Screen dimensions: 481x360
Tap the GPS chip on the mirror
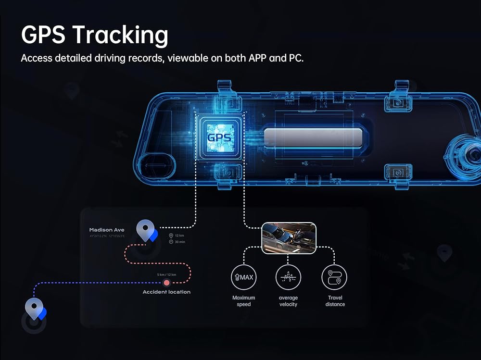pyautogui.click(x=219, y=137)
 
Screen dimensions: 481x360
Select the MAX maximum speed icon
pyautogui.click(x=243, y=277)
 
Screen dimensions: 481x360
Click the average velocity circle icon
pyautogui.click(x=288, y=277)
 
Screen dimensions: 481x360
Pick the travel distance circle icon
pyautogui.click(x=334, y=277)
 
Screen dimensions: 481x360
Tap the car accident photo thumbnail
pyautogui.click(x=289, y=237)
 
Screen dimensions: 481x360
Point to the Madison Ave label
pyautogui.click(x=107, y=230)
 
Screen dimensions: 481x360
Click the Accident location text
pyautogui.click(x=166, y=292)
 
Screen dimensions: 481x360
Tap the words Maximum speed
pyautogui.click(x=243, y=301)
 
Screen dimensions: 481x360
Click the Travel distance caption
pyautogui.click(x=335, y=301)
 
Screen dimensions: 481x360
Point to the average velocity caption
pyautogui.click(x=288, y=301)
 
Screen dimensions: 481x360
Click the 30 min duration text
pyautogui.click(x=180, y=242)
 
